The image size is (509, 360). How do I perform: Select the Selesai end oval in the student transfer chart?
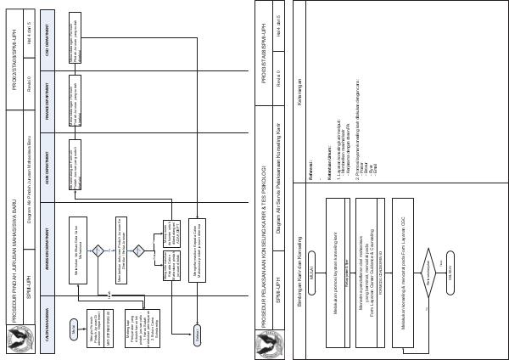[200, 336]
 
